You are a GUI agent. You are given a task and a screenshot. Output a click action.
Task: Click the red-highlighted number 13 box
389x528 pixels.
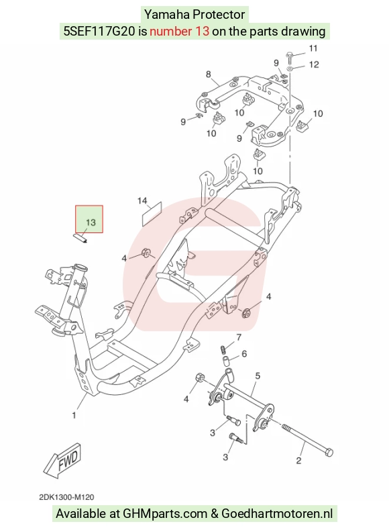tap(89, 219)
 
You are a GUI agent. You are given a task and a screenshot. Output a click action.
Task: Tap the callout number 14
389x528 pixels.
tap(142, 201)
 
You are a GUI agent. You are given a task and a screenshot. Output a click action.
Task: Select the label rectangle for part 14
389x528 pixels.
tap(152, 214)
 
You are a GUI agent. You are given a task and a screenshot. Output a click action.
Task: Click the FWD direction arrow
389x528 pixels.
tap(62, 460)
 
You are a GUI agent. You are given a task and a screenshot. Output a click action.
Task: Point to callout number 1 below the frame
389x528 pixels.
tap(74, 416)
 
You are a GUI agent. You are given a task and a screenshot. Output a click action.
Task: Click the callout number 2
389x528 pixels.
tap(298, 460)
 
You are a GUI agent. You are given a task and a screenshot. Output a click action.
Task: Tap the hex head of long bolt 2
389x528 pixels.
tap(329, 452)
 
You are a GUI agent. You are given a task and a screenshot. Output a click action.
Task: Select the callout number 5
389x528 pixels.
tap(258, 376)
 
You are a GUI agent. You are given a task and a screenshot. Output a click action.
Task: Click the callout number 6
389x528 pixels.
tap(244, 354)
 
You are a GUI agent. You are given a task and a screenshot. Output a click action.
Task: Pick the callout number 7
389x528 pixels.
tap(239, 337)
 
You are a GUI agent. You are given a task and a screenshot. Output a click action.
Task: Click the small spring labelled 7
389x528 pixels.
tap(223, 350)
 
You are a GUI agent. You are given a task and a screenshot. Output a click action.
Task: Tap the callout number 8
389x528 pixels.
tap(209, 74)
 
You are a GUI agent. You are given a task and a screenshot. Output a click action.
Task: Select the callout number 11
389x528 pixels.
tap(313, 48)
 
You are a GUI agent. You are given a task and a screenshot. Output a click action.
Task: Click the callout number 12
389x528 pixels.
tap(314, 64)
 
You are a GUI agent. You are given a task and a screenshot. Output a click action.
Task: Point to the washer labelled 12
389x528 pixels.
tap(290, 69)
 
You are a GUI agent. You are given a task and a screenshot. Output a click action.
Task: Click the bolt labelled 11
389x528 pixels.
tap(290, 57)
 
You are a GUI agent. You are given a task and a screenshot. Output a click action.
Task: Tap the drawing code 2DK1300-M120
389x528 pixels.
tap(66, 497)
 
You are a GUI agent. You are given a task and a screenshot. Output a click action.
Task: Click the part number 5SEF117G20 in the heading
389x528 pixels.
tap(99, 32)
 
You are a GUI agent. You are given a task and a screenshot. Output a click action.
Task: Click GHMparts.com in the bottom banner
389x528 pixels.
tap(165, 513)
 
